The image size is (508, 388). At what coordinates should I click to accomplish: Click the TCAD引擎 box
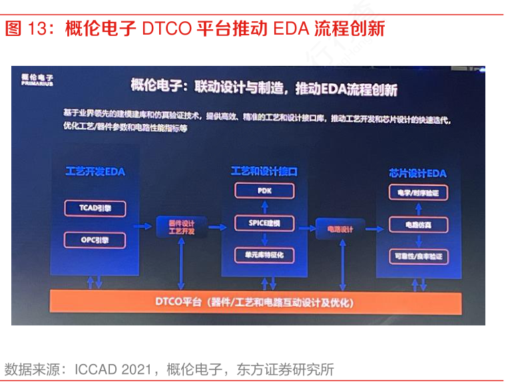click(95, 208)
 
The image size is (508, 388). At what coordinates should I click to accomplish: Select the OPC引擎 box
click(95, 239)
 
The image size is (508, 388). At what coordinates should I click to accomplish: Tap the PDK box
click(264, 191)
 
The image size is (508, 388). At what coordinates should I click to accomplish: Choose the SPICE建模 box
click(264, 222)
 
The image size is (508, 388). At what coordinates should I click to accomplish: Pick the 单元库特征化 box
click(264, 254)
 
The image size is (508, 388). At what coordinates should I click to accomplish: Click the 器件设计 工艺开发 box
click(181, 227)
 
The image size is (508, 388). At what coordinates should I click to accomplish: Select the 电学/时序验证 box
click(418, 193)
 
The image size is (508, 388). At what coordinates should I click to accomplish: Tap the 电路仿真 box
click(418, 225)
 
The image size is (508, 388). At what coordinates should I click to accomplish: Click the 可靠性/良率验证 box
click(418, 256)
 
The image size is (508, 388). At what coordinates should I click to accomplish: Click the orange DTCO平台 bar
click(256, 303)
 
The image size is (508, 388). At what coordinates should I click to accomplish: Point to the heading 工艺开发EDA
click(95, 171)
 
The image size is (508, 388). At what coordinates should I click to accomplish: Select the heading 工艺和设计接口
click(264, 171)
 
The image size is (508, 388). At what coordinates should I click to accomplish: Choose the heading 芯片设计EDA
click(417, 173)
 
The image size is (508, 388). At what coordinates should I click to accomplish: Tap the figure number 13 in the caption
click(35, 29)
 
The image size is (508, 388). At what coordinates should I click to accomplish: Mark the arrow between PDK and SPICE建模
click(264, 206)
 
